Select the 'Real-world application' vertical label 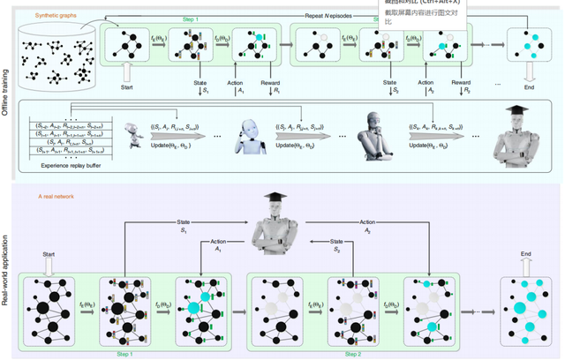click(8, 265)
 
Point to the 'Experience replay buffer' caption click(68, 164)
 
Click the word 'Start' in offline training click(127, 87)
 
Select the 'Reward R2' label click(462, 86)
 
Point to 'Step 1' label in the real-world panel click(124, 353)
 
